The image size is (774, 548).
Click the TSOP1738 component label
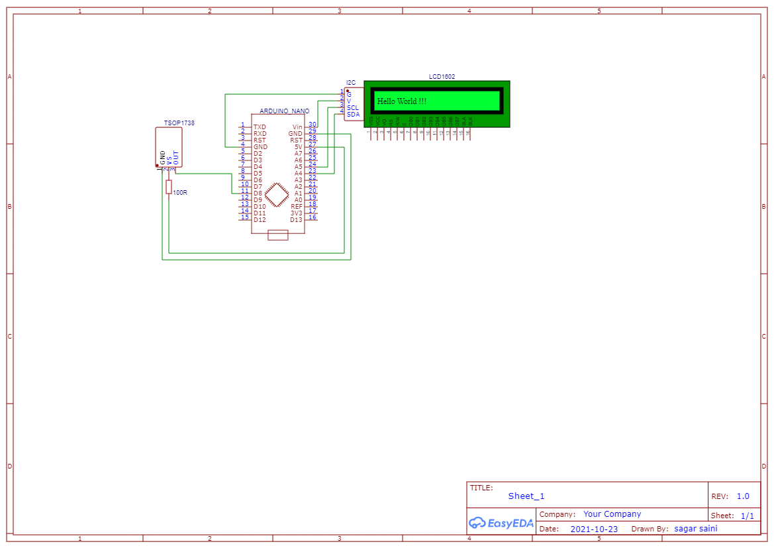(x=179, y=123)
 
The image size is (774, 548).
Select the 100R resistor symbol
(x=169, y=187)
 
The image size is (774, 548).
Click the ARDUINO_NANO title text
(x=284, y=111)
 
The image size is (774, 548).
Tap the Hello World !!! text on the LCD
(x=401, y=101)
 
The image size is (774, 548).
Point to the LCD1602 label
(x=442, y=77)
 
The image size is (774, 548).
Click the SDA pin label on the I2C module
(x=353, y=114)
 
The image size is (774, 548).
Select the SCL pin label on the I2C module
(x=353, y=107)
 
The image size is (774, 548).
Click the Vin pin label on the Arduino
(x=297, y=127)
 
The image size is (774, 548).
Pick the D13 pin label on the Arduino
(x=296, y=219)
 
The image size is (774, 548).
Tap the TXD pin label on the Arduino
(x=260, y=127)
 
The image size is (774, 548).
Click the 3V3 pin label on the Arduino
(x=296, y=213)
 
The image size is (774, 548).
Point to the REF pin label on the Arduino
(x=297, y=206)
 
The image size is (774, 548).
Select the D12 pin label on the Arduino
(x=260, y=219)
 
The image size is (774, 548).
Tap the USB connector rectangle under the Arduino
(x=277, y=235)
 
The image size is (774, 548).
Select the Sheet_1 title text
(x=526, y=496)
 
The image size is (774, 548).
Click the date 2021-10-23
(x=594, y=529)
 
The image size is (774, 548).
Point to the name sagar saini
(x=695, y=529)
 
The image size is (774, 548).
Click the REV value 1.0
(x=743, y=496)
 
